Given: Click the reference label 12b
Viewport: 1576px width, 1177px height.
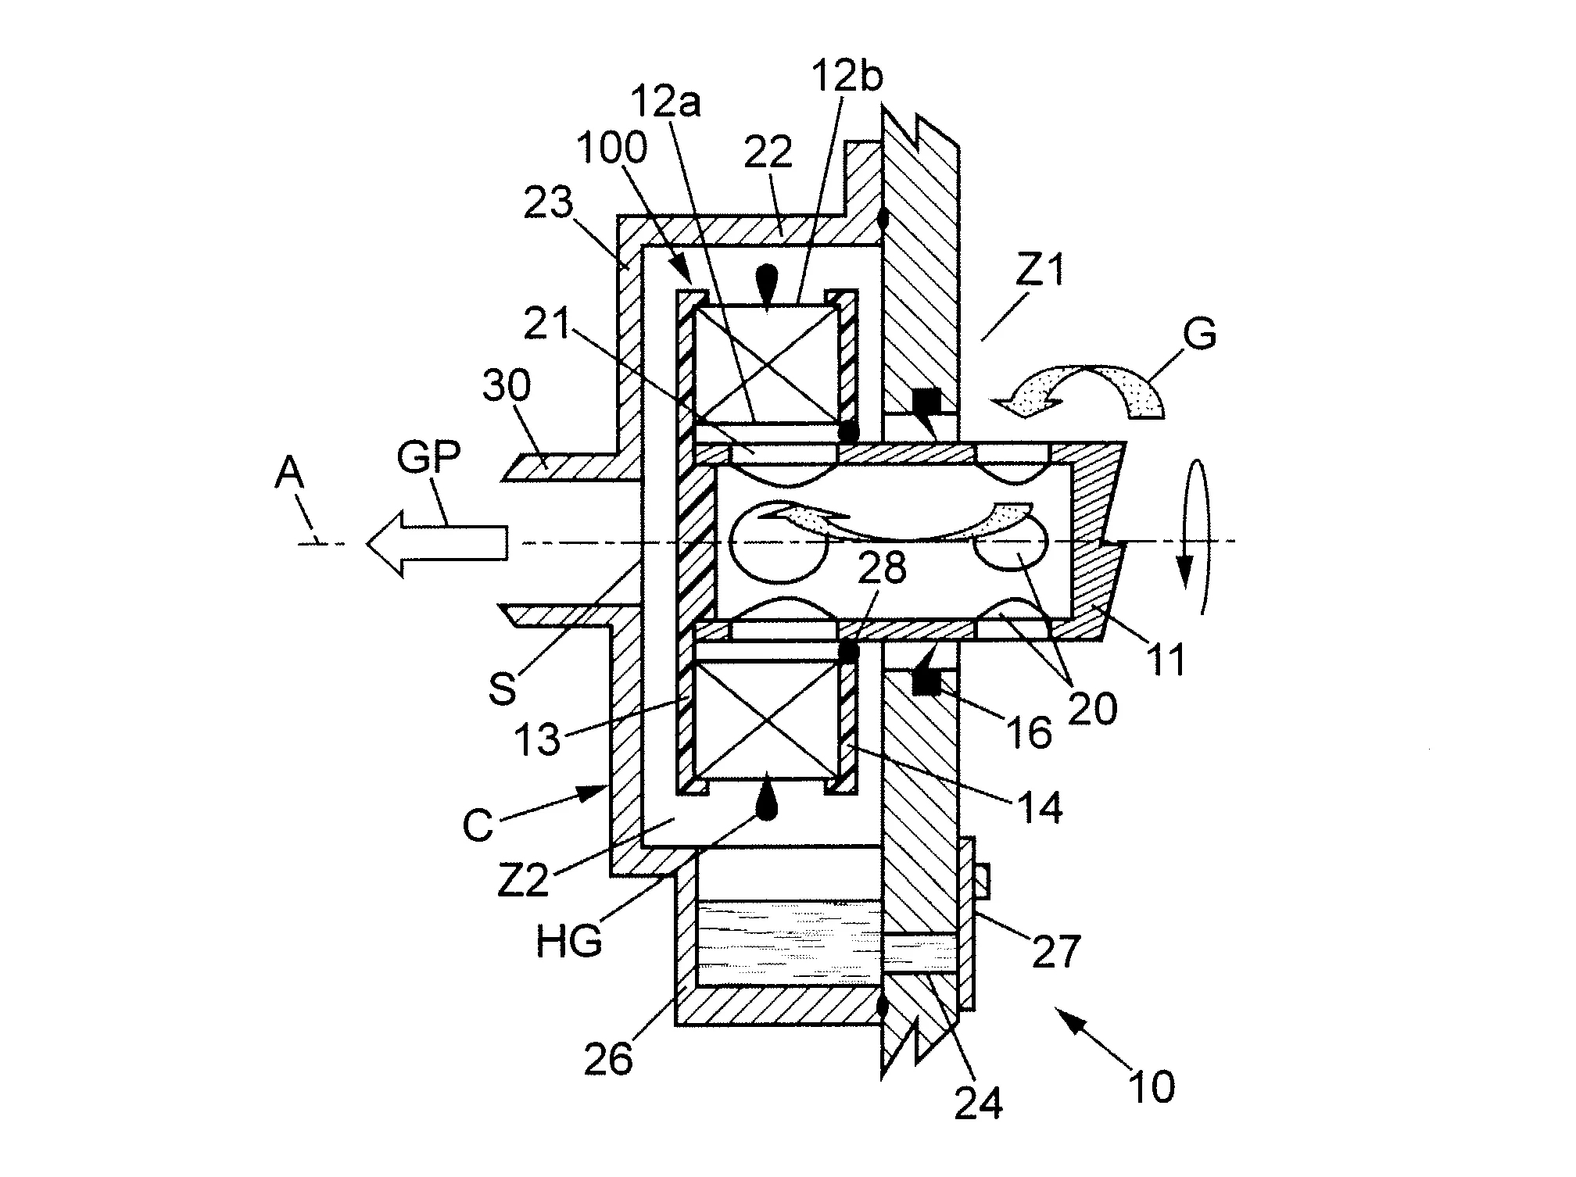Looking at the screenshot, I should click(x=847, y=79).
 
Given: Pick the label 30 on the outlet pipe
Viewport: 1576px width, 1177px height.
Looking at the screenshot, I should click(x=506, y=386).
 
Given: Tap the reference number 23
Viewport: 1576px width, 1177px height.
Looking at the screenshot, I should click(x=548, y=205).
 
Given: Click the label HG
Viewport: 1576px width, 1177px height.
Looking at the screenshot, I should click(x=568, y=941).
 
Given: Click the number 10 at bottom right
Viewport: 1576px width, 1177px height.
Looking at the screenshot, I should click(x=1152, y=1086).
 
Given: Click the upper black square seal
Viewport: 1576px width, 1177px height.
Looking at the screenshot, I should click(x=926, y=402).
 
